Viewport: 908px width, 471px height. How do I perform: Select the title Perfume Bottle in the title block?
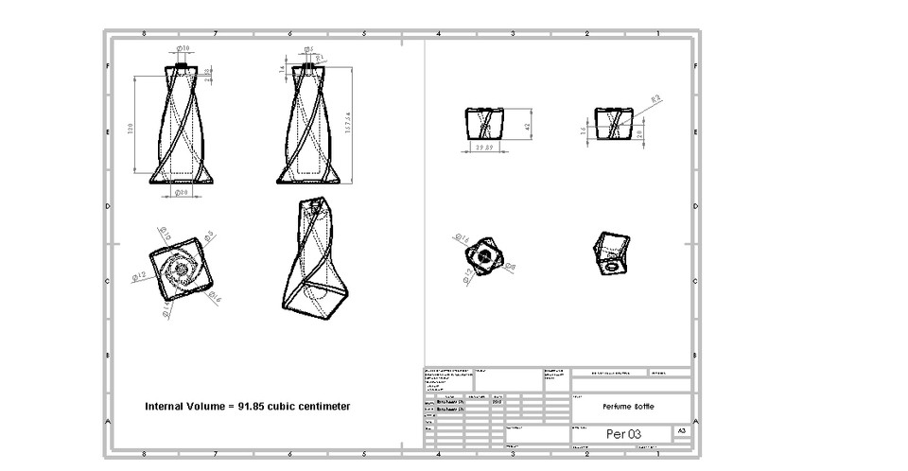(628, 406)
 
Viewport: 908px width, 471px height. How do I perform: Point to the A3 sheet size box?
(681, 431)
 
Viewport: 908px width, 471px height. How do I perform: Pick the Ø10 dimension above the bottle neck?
(183, 47)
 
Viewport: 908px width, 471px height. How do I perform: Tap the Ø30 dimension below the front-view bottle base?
(182, 192)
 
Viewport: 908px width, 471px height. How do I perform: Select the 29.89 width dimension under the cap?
(485, 148)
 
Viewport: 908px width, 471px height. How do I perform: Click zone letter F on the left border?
(108, 66)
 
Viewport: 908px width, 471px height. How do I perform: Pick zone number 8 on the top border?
(144, 34)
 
